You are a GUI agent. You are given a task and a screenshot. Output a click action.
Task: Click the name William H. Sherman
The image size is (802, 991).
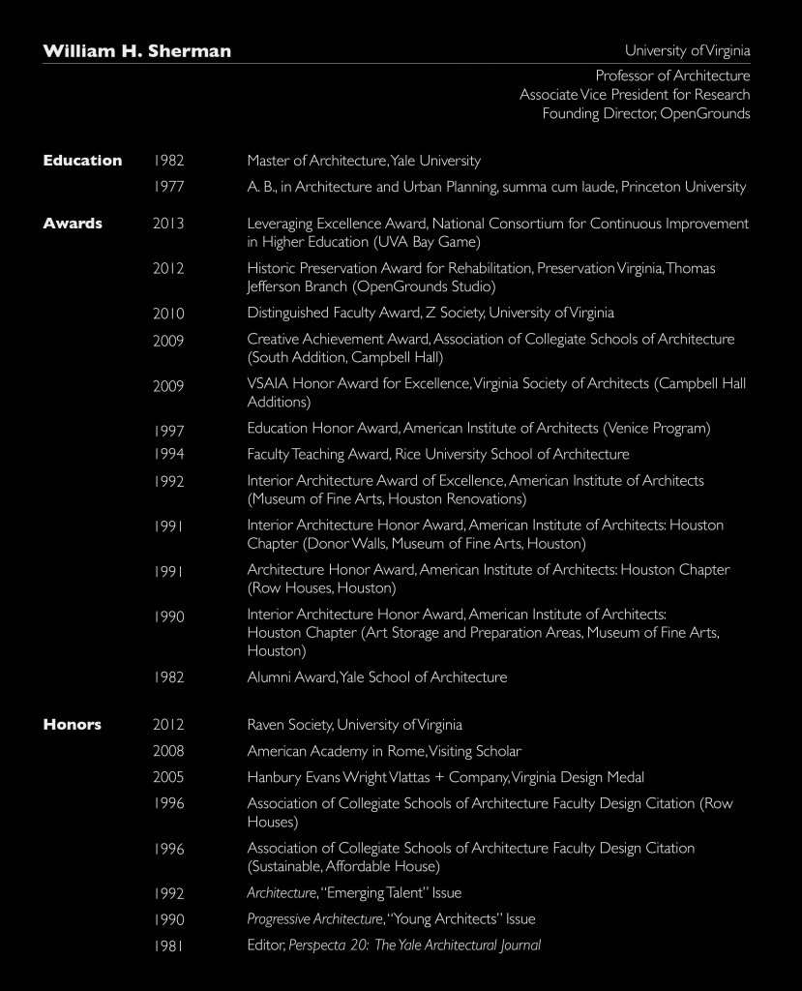(x=136, y=51)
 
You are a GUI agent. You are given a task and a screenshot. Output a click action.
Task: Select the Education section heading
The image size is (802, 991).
(x=82, y=161)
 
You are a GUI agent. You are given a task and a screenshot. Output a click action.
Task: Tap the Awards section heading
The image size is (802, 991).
(x=73, y=224)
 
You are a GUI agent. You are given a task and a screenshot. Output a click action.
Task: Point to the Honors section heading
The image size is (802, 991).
(x=72, y=724)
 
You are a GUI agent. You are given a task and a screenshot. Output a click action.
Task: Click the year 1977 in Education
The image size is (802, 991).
(x=168, y=187)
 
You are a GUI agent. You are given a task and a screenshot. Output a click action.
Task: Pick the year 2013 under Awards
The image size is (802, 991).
(x=168, y=224)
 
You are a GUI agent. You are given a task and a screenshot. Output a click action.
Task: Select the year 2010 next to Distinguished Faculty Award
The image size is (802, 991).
(x=168, y=314)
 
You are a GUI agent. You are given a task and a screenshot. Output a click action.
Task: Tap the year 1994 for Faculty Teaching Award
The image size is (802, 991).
(x=168, y=454)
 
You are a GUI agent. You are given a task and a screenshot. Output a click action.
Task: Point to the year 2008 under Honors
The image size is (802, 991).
(x=168, y=751)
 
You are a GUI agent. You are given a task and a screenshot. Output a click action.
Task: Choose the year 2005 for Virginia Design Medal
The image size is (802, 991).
(x=168, y=777)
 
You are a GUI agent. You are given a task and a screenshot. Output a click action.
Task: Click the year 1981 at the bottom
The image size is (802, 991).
(x=168, y=946)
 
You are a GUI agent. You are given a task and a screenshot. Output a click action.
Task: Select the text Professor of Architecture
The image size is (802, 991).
(x=672, y=75)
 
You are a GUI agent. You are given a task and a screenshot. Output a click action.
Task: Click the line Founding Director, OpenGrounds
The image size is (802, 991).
(x=645, y=114)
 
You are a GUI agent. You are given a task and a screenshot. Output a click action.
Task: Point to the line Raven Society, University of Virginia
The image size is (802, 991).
(x=354, y=725)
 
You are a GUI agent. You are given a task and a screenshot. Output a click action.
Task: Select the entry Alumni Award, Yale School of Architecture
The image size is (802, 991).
(x=376, y=677)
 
